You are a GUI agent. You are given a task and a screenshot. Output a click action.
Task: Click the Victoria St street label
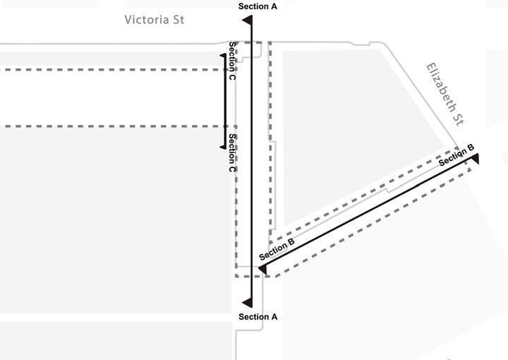(x=154, y=19)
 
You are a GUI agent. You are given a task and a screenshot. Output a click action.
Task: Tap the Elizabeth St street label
(x=446, y=94)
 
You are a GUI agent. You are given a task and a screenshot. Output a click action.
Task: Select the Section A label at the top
(x=258, y=6)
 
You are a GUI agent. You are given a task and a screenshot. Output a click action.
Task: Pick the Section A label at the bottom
(x=258, y=317)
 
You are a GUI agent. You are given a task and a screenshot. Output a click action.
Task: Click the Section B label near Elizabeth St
(x=456, y=156)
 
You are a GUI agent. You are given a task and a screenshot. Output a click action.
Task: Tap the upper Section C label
(x=232, y=60)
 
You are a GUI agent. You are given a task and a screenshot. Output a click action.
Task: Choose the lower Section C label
(x=232, y=153)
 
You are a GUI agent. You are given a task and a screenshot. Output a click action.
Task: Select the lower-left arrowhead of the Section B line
(x=262, y=269)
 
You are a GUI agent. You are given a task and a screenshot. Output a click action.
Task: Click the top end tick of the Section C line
(x=223, y=56)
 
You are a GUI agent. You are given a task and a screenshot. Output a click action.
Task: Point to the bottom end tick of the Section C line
(x=223, y=147)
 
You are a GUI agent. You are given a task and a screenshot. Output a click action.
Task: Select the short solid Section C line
(x=225, y=101)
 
